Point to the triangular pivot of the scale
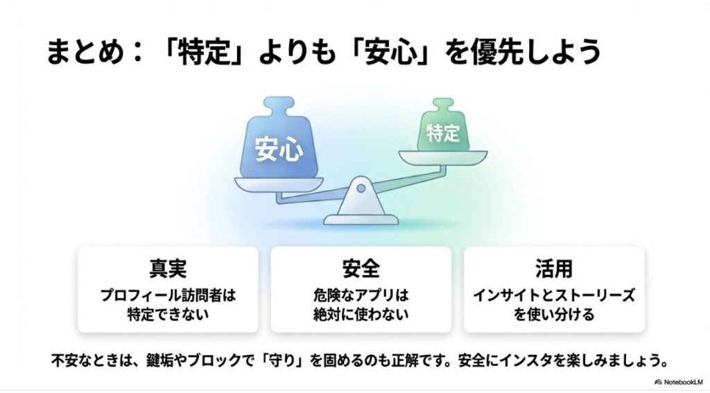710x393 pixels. pyautogui.click(x=361, y=192)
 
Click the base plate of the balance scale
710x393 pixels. pyautogui.click(x=361, y=218)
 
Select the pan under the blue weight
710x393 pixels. pyautogui.click(x=279, y=184)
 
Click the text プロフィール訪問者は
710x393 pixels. pyautogui.click(x=168, y=295)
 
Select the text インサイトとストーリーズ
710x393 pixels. pyautogui.click(x=553, y=295)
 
